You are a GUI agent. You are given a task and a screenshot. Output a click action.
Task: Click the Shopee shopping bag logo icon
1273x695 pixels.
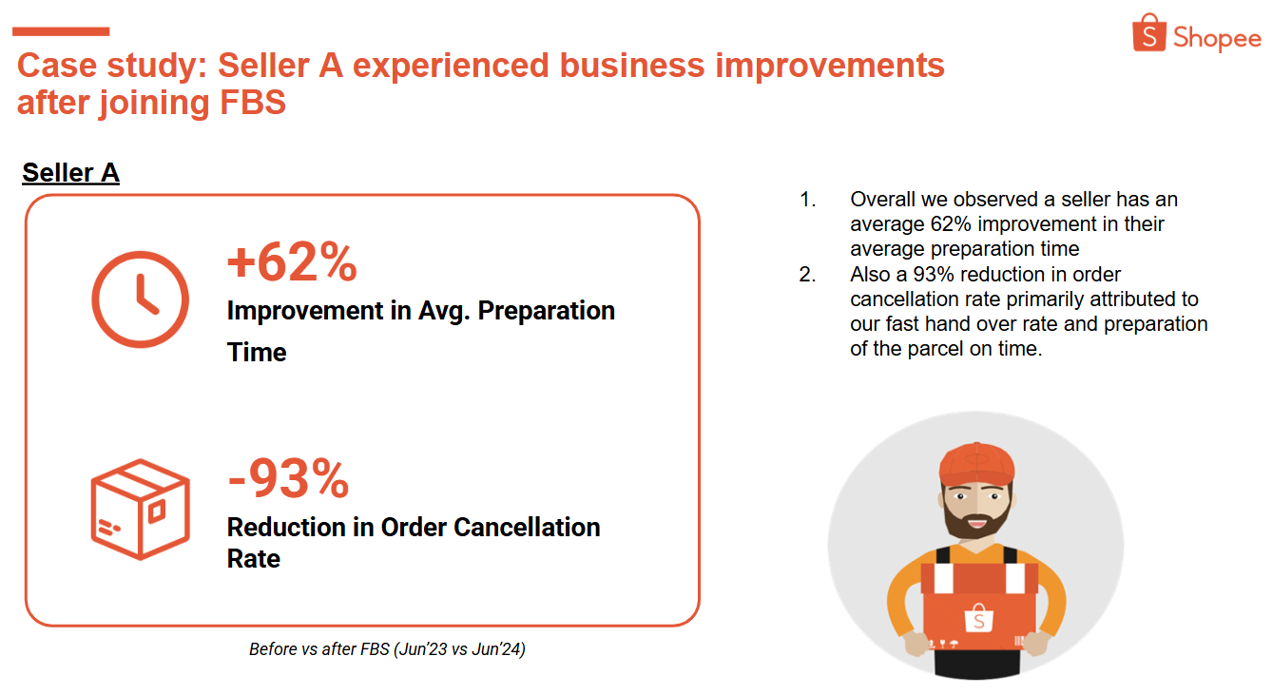1149,33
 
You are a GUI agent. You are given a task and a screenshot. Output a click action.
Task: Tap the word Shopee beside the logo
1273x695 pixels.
1217,38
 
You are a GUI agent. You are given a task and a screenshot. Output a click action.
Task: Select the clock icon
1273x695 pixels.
141,299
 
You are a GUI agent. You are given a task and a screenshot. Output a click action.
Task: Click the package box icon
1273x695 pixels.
141,510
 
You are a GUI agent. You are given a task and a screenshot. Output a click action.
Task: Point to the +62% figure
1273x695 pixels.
292,262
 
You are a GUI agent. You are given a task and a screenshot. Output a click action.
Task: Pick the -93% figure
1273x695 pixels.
288,478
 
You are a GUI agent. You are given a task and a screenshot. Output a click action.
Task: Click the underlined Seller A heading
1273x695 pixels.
70,173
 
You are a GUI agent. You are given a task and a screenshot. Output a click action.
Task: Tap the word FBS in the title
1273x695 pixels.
252,103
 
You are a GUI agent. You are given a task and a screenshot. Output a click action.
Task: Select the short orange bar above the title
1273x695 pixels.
61,31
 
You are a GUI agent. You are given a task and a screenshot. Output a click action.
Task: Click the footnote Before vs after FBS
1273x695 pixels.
387,649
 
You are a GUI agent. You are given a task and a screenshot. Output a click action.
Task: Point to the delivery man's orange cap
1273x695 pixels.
976,464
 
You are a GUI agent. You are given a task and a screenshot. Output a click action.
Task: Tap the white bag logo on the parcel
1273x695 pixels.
978,618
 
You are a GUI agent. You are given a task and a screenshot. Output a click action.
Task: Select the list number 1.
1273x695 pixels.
807,200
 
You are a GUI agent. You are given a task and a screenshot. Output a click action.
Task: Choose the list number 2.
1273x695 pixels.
807,275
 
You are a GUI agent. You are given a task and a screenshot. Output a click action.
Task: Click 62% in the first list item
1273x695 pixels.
951,224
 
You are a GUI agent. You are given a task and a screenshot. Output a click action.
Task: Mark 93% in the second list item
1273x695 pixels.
934,275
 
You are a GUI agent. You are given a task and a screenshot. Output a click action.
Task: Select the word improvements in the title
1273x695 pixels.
830,66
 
